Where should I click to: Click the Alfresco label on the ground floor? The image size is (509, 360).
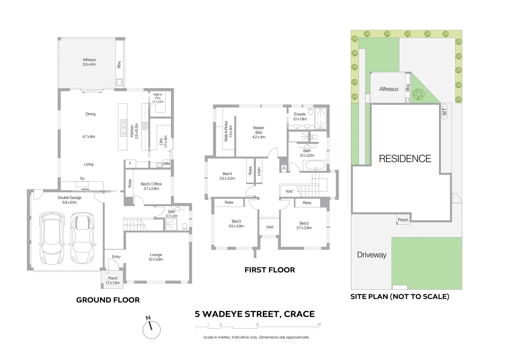pyautogui.click(x=89, y=62)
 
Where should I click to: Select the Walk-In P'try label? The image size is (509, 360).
pyautogui.click(x=158, y=98)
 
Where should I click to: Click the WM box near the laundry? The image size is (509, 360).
pyautogui.click(x=166, y=164)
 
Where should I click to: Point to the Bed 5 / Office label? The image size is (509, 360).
pyautogui.click(x=151, y=186)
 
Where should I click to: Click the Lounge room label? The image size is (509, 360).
pyautogui.click(x=156, y=257)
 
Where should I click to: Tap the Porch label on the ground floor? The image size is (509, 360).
pyautogui.click(x=113, y=280)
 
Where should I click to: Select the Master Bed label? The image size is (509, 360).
pyautogui.click(x=258, y=132)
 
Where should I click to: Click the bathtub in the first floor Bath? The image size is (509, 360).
pyautogui.click(x=315, y=165)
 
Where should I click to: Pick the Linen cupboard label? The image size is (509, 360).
pyautogui.click(x=259, y=172)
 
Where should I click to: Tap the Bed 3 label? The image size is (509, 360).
pyautogui.click(x=236, y=223)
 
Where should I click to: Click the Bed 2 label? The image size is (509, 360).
pyautogui.click(x=304, y=225)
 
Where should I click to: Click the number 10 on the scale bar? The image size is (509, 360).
pyautogui.click(x=319, y=324)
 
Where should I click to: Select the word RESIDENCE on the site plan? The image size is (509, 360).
pyautogui.click(x=405, y=159)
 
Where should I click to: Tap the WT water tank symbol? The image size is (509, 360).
pyautogui.click(x=444, y=112)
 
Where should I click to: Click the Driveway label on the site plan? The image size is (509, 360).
pyautogui.click(x=371, y=255)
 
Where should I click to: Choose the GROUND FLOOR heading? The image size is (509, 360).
pyautogui.click(x=108, y=300)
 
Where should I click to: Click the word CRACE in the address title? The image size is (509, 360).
pyautogui.click(x=299, y=314)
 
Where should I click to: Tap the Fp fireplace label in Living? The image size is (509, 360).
pyautogui.click(x=82, y=178)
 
